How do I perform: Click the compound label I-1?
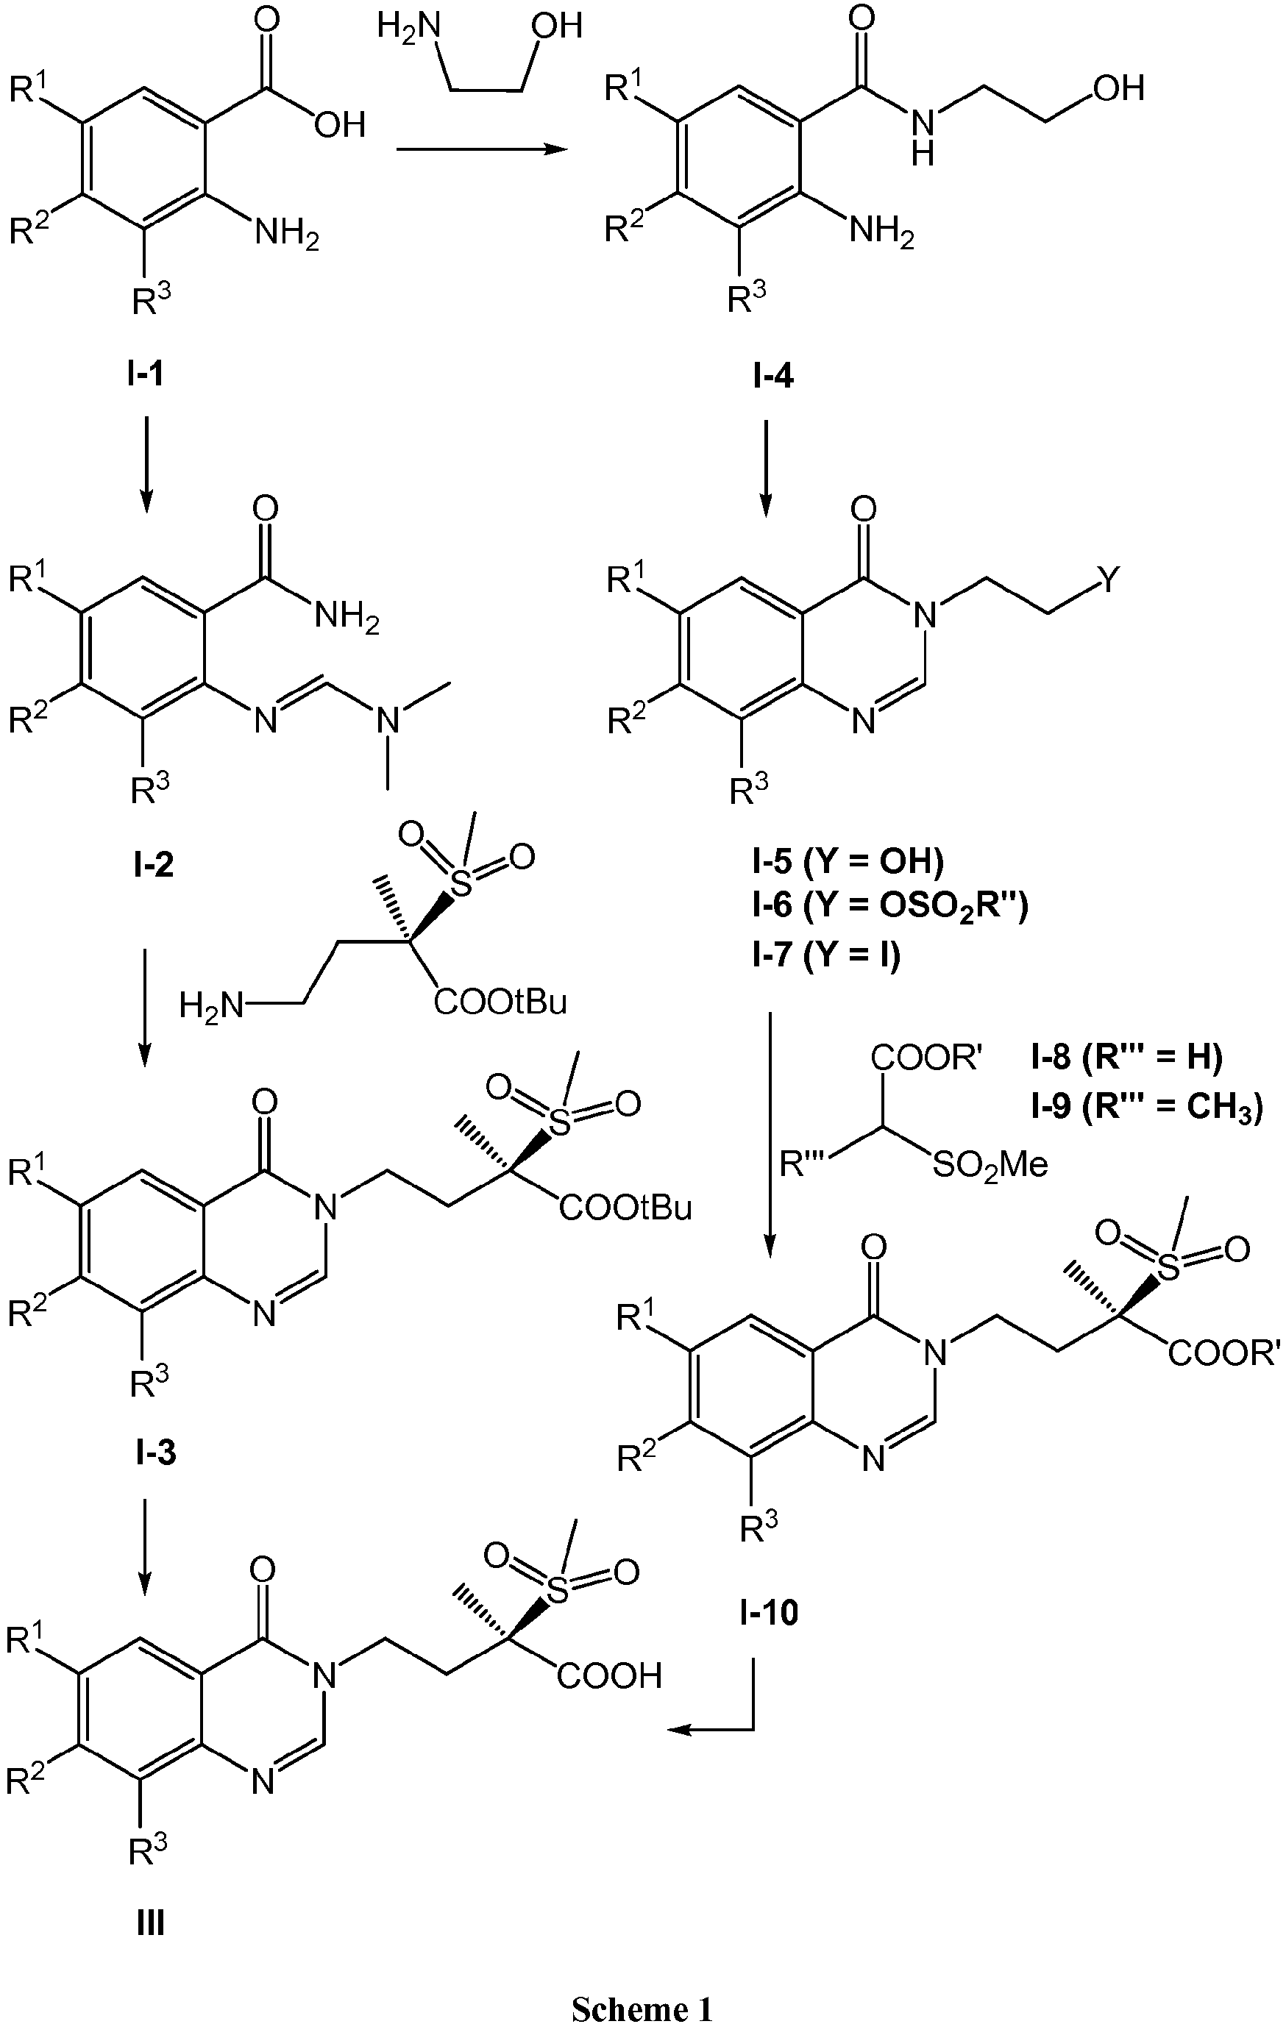pos(146,373)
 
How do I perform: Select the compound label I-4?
pos(772,377)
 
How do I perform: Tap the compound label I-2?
pos(153,863)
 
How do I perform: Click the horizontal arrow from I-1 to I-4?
pos(479,149)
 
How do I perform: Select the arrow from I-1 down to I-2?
pos(146,463)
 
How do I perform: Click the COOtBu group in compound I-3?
pos(626,1208)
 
